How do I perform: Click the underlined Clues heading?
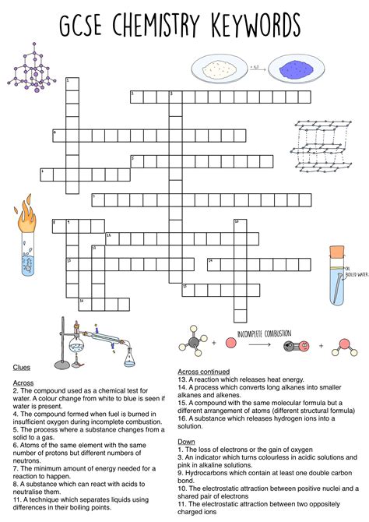(21, 366)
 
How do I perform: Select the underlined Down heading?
(186, 441)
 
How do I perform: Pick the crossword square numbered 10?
(237, 225)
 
